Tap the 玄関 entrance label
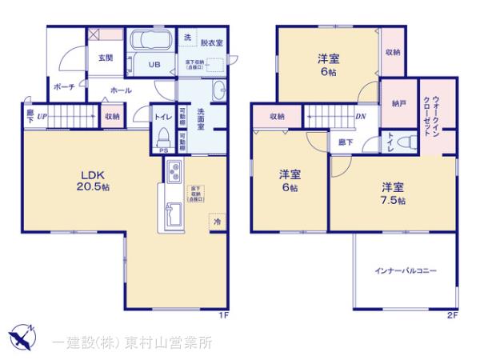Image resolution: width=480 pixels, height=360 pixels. point(106,58)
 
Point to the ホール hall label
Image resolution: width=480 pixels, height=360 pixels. point(121,90)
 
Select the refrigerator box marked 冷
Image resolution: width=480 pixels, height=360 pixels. point(217,222)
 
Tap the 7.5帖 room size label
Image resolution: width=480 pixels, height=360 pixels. point(393,194)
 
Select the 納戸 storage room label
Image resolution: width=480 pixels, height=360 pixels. point(398,104)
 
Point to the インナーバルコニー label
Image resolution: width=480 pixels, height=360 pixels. point(405,271)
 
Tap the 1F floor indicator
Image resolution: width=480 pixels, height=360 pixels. point(226,315)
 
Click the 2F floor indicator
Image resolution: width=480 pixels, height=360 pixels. point(452,315)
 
